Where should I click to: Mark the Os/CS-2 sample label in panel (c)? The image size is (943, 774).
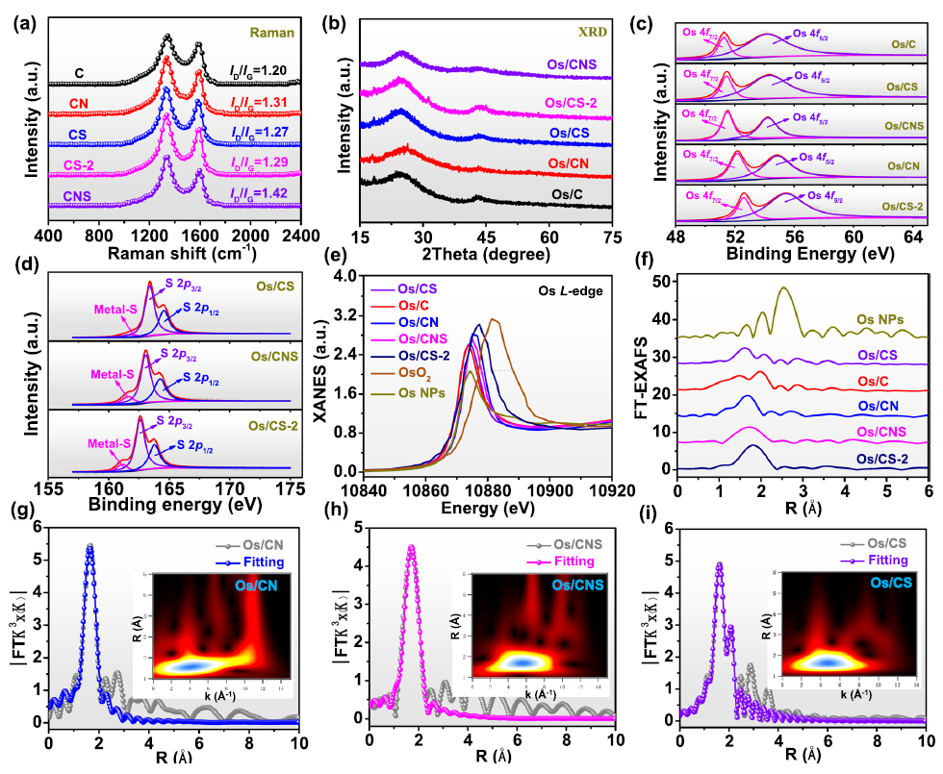pyautogui.click(x=902, y=206)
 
